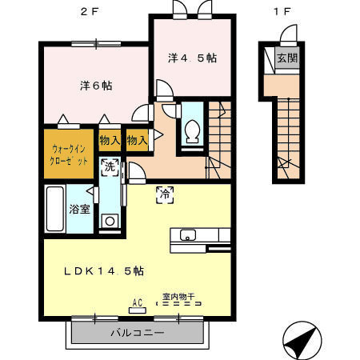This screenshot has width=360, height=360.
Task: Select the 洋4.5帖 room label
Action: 193,58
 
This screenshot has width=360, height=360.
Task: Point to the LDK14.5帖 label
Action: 104,270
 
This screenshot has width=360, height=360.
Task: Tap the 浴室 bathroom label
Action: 78,210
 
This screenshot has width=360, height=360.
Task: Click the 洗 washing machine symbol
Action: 110,167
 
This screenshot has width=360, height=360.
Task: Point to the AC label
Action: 136,303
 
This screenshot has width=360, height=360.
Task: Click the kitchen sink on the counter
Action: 188,234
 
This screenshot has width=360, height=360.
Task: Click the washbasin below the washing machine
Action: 110,219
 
